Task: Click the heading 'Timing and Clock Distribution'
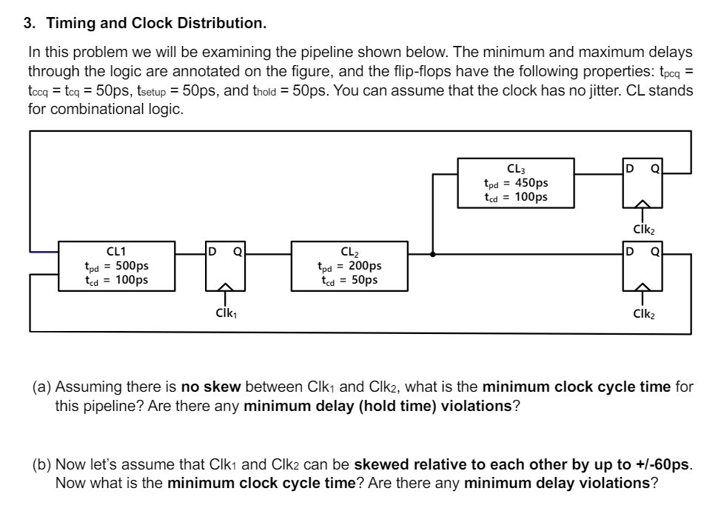(156, 23)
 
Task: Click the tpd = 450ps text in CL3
(515, 184)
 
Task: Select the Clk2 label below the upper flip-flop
(642, 230)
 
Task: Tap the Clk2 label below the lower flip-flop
(642, 314)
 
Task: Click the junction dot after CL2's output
(432, 253)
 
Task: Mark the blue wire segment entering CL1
(43, 253)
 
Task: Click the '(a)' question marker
(42, 387)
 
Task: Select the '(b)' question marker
(42, 467)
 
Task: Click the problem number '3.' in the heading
(30, 23)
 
